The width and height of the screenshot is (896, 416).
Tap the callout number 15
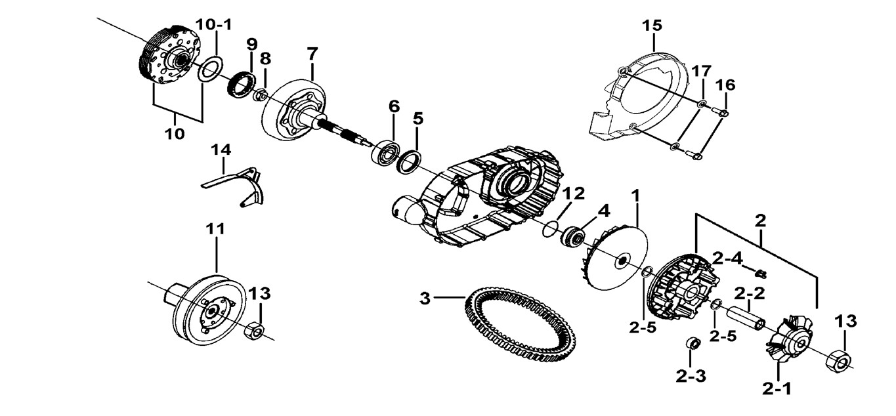pos(652,26)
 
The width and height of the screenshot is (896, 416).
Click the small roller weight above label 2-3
pos(691,344)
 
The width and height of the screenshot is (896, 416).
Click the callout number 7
pos(312,53)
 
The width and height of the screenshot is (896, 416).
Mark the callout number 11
pos(215,229)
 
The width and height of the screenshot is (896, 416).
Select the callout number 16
pos(725,85)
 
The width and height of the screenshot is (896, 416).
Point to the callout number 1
pos(635,195)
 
